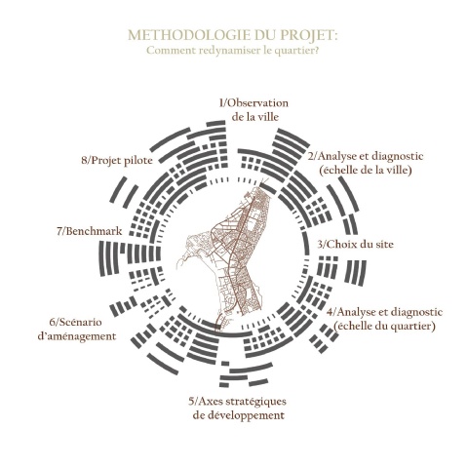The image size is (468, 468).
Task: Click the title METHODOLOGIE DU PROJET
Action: coord(233,35)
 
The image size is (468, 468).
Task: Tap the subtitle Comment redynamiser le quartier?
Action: coord(232,51)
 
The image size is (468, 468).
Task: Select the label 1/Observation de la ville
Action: coord(253,110)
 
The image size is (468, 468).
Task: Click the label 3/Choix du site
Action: coord(355,245)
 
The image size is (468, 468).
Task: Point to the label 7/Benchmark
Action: coord(90,231)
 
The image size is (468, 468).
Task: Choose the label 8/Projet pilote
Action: coord(117,160)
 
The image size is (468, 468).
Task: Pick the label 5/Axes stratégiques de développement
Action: coord(238,409)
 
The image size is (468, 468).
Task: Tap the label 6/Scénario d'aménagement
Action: coord(77,329)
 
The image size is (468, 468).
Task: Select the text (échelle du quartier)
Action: coord(384,326)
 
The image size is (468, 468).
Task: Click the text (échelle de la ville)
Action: coord(366,170)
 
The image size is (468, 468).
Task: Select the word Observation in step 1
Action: coord(256,103)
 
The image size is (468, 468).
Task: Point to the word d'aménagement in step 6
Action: coord(77,336)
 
